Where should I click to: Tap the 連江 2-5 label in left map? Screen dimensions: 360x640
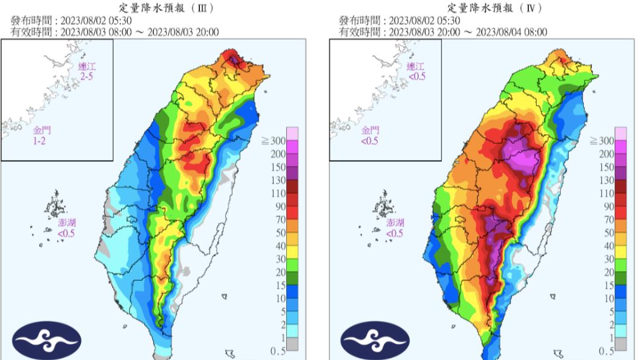point(87,71)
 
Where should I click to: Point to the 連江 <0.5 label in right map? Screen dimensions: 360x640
point(416,71)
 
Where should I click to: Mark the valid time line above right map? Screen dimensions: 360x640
point(443,32)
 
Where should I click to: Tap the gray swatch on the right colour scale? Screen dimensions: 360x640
point(621,344)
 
